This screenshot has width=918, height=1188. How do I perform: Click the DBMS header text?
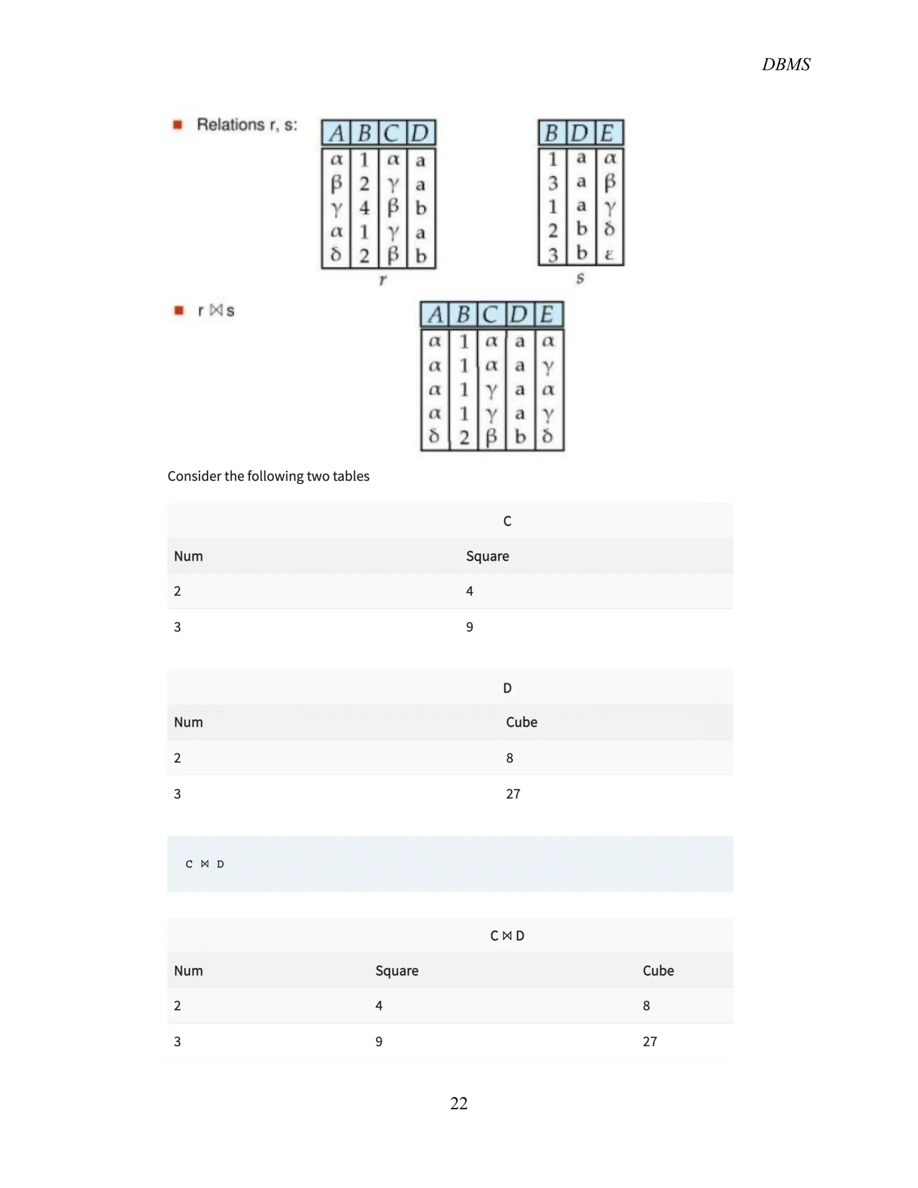[x=785, y=64]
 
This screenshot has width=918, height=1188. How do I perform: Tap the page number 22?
[x=459, y=1103]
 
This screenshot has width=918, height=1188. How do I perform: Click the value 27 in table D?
[x=513, y=793]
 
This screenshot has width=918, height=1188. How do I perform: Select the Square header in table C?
[x=487, y=556]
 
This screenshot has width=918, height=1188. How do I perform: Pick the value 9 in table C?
[x=469, y=627]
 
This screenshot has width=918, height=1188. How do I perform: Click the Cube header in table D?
[x=521, y=722]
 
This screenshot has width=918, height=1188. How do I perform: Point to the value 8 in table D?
[x=510, y=758]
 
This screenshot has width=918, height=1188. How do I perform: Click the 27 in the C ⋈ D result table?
[x=650, y=1041]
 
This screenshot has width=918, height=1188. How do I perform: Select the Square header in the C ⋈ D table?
[x=396, y=971]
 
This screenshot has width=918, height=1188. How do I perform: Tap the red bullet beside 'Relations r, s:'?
[x=178, y=125]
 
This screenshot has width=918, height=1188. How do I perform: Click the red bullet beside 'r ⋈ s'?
[x=178, y=310]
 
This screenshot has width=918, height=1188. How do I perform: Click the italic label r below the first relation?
[x=382, y=280]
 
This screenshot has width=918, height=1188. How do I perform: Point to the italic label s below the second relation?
[x=580, y=278]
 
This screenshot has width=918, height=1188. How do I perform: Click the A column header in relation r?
[x=337, y=133]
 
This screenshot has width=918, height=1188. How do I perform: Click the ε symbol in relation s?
[x=609, y=254]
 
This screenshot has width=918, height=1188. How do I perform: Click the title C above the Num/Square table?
[x=507, y=521]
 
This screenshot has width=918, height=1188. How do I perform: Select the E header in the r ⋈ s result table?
[x=548, y=314]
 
